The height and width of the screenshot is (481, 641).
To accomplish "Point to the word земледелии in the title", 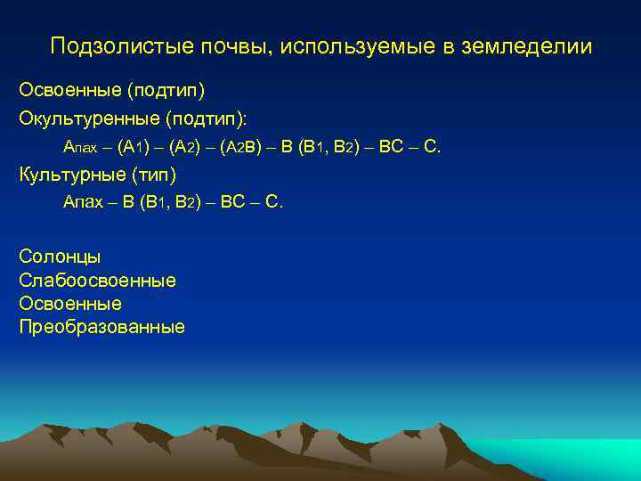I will tap(526, 46).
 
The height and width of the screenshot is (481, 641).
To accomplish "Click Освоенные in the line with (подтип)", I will tap(69, 91).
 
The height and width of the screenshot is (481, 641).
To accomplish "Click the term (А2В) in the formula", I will tap(239, 146).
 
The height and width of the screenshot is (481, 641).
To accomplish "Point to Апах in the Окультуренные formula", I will tap(81, 146).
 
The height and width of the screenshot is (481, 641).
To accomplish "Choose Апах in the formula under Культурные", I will tap(81, 202).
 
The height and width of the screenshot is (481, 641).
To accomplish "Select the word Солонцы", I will tap(60, 257).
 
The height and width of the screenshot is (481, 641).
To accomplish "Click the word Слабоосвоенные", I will tap(97, 281).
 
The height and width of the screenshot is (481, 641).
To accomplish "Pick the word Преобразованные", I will tap(101, 327).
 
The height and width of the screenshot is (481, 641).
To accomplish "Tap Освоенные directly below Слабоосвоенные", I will tap(69, 304).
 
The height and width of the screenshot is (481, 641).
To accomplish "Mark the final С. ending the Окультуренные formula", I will tap(432, 146).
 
